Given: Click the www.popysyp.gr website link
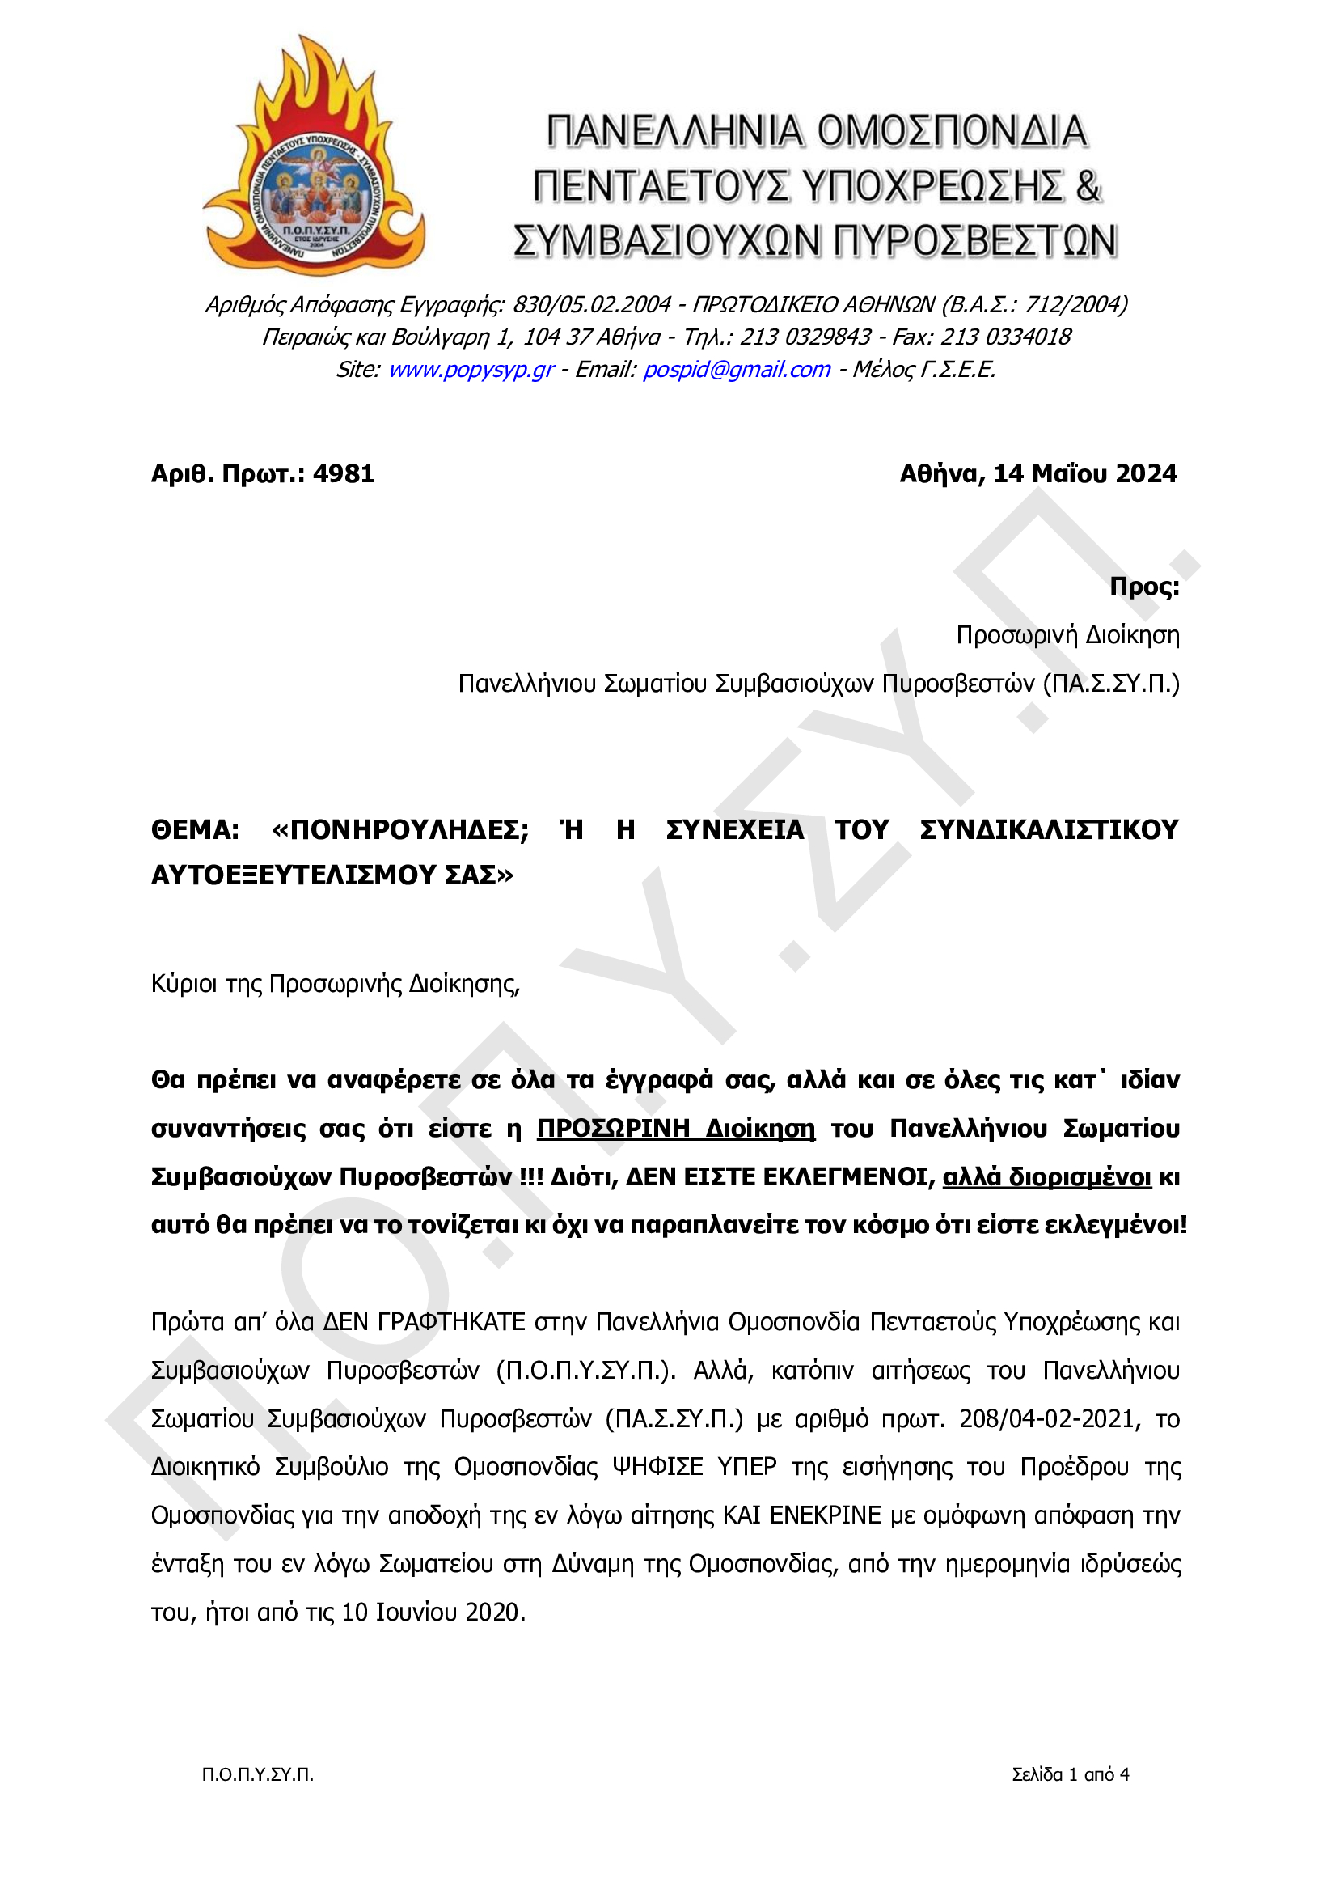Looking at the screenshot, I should (471, 370).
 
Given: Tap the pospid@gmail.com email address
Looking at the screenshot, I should (737, 370).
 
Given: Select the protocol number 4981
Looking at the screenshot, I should (344, 474).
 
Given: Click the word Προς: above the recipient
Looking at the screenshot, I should (1143, 587).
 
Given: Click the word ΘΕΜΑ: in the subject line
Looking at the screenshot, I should (196, 829).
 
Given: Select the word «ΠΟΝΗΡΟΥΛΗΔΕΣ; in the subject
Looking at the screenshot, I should (400, 829).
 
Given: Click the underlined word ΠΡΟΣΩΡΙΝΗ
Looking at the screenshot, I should (614, 1129).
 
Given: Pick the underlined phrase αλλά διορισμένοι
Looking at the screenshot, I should (1047, 1177).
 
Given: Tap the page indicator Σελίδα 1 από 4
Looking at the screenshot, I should (1070, 1774).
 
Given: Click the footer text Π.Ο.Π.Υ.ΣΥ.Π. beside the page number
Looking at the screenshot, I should (258, 1774).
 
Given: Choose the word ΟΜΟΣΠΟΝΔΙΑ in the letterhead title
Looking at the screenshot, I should (952, 131).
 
